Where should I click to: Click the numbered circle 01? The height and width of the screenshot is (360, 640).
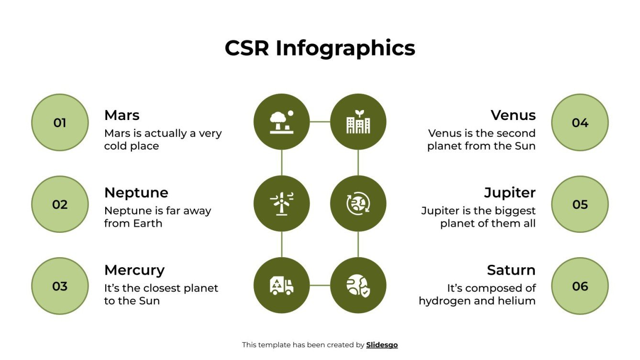tap(60, 123)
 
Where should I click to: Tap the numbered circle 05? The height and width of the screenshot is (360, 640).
tap(580, 205)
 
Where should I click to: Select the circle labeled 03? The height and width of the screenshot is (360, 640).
tap(60, 286)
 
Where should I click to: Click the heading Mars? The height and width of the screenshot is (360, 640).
tap(122, 115)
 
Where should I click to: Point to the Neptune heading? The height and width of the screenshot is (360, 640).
tap(136, 193)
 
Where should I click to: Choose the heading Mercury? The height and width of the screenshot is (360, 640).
tap(134, 270)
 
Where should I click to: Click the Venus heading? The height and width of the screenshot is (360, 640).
tap(513, 115)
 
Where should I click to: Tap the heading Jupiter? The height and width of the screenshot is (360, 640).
tap(510, 193)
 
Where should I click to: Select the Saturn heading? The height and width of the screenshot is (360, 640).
tap(511, 270)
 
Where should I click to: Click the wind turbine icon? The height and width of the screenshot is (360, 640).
tap(282, 204)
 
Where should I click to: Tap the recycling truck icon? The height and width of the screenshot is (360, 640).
tap(282, 285)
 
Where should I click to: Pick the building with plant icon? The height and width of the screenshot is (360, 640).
tap(358, 122)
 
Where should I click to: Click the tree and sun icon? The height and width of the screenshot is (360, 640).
tap(282, 122)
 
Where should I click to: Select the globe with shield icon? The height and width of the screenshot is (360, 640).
tap(358, 285)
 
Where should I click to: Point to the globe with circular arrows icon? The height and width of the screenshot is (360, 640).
tap(358, 204)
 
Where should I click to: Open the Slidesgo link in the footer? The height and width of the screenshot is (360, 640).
tap(382, 345)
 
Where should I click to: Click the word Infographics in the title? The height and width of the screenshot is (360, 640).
tap(345, 48)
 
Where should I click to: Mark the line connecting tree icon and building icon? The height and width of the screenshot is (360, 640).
tap(320, 122)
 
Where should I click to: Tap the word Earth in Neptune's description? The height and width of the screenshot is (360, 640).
tap(148, 223)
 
